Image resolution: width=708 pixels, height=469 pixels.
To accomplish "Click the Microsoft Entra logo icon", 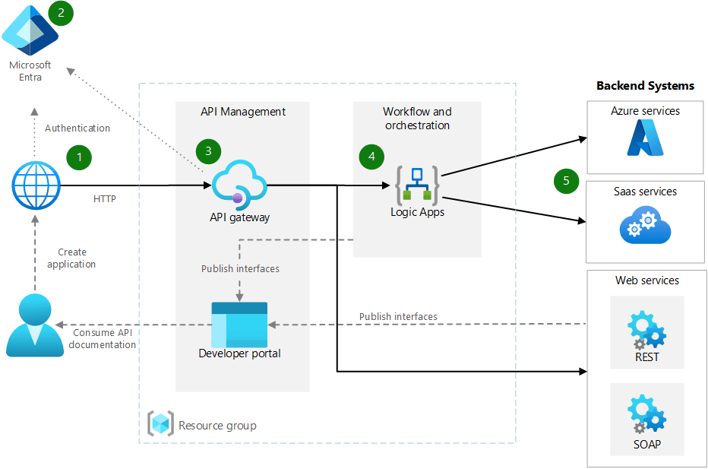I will pyautogui.click(x=30, y=28).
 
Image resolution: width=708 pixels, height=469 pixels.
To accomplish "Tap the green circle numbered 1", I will pyautogui.click(x=78, y=157).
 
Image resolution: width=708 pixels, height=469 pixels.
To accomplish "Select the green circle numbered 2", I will pyautogui.click(x=60, y=13).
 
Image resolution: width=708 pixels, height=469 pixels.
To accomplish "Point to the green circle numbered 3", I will pyautogui.click(x=208, y=151).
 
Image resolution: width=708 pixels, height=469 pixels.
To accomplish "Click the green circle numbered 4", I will pyautogui.click(x=371, y=157).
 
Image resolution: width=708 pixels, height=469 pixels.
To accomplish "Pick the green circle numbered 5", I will pyautogui.click(x=566, y=181).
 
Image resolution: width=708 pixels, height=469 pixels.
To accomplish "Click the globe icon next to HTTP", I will pyautogui.click(x=36, y=185).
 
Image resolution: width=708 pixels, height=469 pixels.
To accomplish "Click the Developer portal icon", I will pyautogui.click(x=239, y=324).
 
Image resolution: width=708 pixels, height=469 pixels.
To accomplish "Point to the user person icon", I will pyautogui.click(x=35, y=325).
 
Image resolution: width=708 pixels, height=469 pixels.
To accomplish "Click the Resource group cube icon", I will pyautogui.click(x=160, y=424).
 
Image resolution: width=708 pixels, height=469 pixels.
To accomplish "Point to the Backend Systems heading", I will pyautogui.click(x=645, y=86).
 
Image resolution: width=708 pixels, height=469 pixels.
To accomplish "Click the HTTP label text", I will pyautogui.click(x=105, y=199).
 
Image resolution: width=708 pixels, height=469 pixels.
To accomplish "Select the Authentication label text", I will pyautogui.click(x=77, y=128).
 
